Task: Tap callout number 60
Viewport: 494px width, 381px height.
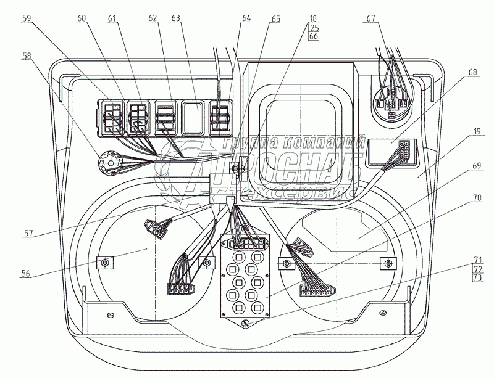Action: tap(82, 19)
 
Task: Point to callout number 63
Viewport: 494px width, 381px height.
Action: tap(176, 19)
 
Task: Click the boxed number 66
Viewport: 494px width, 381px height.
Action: tap(314, 36)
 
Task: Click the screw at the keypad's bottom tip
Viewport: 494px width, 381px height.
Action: tap(246, 324)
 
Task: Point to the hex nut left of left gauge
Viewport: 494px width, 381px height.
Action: tap(104, 264)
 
